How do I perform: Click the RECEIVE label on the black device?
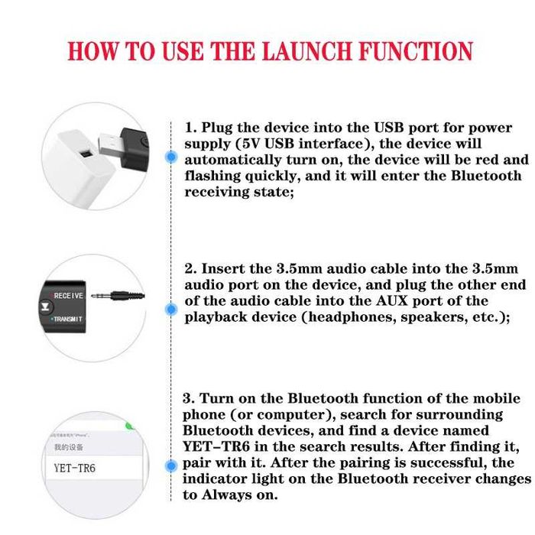click(x=68, y=295)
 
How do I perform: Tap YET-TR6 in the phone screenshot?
click(x=75, y=467)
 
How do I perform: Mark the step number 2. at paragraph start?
click(x=191, y=268)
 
